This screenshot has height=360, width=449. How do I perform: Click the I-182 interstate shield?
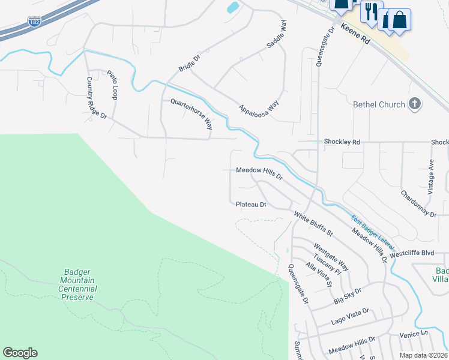pyautogui.click(x=34, y=22)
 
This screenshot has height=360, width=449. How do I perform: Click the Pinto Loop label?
pyautogui.click(x=112, y=85)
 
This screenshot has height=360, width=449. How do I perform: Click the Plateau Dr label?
pyautogui.click(x=250, y=205)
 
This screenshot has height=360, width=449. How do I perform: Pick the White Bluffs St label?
pyautogui.click(x=313, y=220)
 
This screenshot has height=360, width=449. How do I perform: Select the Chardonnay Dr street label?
pyautogui.click(x=418, y=204)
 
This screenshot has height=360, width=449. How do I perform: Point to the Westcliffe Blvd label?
pyautogui.click(x=411, y=253)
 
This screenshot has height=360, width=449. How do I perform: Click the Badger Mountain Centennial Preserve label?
pyautogui.click(x=77, y=284)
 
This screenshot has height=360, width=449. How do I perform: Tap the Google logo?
pyautogui.click(x=20, y=353)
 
